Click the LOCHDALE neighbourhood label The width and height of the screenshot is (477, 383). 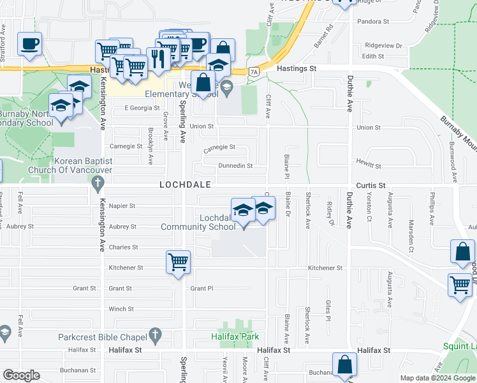(x=185, y=184)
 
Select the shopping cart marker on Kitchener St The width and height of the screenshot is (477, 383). (x=178, y=261)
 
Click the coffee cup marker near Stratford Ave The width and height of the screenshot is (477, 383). (x=29, y=44)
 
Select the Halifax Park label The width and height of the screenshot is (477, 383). (x=233, y=335)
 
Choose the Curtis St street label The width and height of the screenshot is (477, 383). (x=372, y=184)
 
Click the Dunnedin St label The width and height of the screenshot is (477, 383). (x=236, y=166)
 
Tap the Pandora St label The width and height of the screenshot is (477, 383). (x=377, y=22)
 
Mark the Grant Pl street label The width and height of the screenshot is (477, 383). (x=202, y=289)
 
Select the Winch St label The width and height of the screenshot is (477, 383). (x=121, y=309)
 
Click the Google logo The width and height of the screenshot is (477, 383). (x=21, y=376)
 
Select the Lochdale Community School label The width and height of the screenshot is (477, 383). (x=199, y=222)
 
